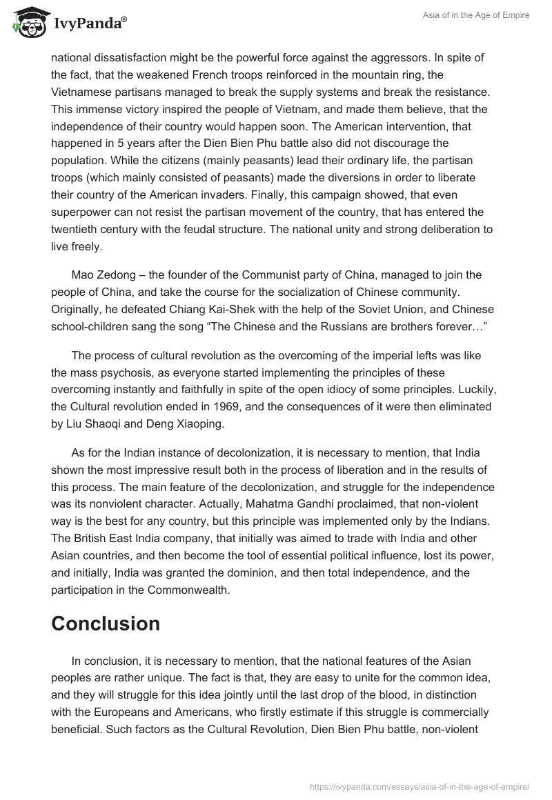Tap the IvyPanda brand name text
click(x=89, y=22)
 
